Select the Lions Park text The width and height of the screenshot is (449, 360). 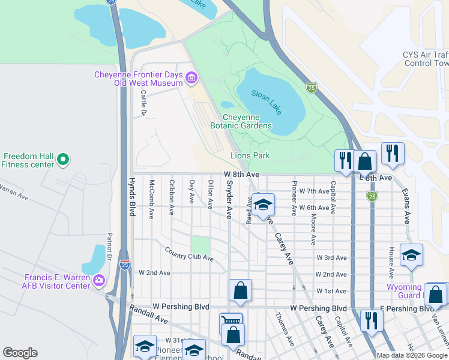(x=250, y=156)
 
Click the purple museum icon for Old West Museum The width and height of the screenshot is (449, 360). (x=191, y=77)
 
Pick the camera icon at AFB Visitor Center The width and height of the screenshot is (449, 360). (x=99, y=279)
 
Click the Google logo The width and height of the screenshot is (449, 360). (x=20, y=353)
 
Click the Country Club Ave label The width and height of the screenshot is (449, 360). (x=188, y=254)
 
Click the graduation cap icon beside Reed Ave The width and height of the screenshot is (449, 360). (x=263, y=205)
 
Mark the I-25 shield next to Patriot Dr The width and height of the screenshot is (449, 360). (x=124, y=265)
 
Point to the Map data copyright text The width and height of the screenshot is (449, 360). (x=411, y=355)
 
